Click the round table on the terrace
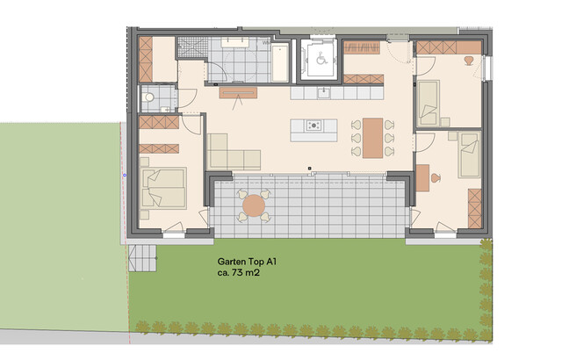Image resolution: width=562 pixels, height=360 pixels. [255, 206]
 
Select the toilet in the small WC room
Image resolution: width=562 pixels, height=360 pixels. [149, 97]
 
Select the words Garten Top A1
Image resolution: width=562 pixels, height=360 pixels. [247, 261]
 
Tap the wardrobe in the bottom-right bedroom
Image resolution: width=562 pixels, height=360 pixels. [475, 206]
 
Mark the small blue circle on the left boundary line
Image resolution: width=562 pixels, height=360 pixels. [123, 175]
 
